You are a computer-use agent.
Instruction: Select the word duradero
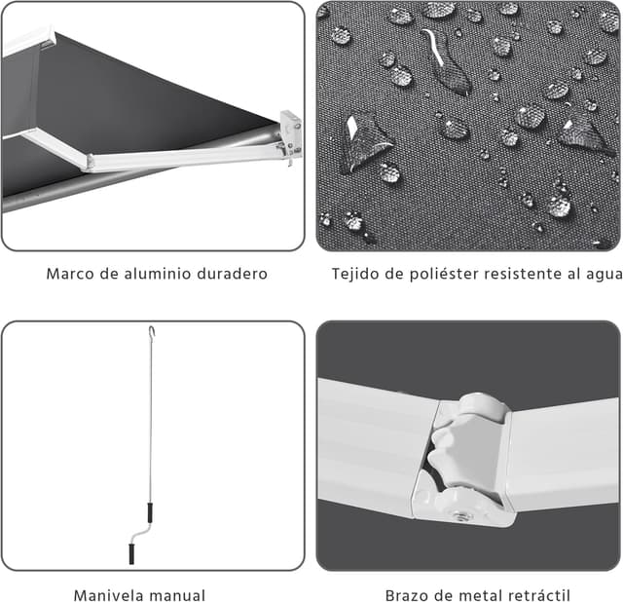tap(232, 274)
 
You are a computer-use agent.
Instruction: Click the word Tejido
tap(354, 274)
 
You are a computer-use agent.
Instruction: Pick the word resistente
tap(522, 274)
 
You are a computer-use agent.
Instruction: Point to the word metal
tap(484, 595)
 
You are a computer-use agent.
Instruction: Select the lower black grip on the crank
tap(130, 554)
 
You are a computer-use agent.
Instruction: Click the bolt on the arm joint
tap(459, 514)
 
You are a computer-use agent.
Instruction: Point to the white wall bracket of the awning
tap(290, 132)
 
